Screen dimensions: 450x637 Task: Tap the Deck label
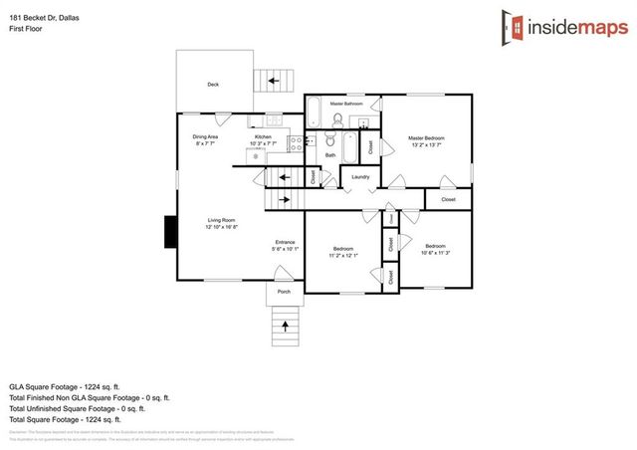(212, 85)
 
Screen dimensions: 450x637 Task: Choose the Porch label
(284, 292)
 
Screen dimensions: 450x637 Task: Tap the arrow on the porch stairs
(285, 324)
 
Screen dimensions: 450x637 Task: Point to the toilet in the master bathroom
(337, 120)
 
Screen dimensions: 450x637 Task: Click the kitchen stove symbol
(296, 142)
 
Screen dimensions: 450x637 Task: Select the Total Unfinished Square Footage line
(77, 407)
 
